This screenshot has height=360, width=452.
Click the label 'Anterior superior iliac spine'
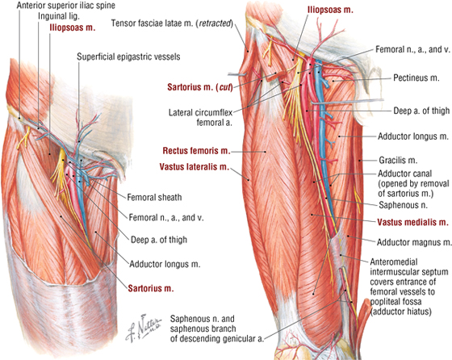coord(66,5)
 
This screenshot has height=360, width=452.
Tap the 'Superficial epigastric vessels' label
coord(128,57)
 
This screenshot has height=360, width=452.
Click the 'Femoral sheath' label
coord(154,197)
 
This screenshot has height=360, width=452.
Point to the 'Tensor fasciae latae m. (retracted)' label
coord(172,23)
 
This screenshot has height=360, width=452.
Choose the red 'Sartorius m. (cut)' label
coord(200,87)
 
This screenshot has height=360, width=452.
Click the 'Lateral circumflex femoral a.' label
coord(200,117)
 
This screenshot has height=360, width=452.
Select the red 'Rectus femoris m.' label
coord(197,151)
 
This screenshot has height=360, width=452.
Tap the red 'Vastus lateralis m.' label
coord(195,167)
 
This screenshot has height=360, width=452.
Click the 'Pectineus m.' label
coord(416,77)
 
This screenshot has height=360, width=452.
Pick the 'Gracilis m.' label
coord(398,161)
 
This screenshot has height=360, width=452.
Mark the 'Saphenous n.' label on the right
coord(403,205)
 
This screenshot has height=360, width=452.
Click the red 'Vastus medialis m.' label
coord(412,222)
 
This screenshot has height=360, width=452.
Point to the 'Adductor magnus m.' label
coord(414,242)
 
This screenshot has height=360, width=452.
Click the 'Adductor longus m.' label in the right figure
coord(413,136)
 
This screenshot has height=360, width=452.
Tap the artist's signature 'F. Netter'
coord(144,327)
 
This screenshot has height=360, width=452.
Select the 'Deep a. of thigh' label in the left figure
coord(159,240)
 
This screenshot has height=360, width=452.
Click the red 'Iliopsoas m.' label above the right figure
coord(330,10)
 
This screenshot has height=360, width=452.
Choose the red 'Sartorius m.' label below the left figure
coord(151,288)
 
